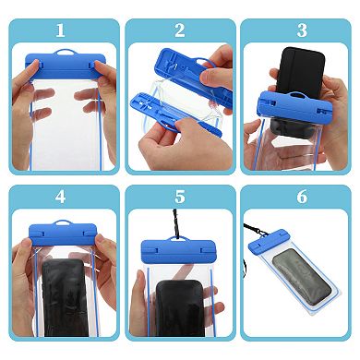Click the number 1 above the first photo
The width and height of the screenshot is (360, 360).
coord(61,30)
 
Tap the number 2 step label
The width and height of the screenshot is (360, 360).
coord(180,30)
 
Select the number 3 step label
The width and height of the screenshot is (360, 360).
coord(300,30)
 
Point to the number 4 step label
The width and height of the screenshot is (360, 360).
coord(61,197)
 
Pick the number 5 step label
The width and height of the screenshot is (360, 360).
coord(180,197)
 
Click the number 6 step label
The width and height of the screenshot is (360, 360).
coord(300,197)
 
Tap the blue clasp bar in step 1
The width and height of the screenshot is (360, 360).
coord(61,67)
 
